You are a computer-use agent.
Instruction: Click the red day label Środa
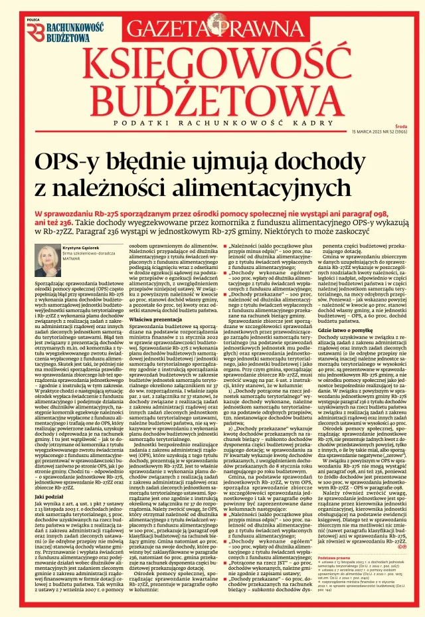click(x=400, y=126)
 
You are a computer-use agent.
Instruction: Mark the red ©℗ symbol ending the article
click(x=402, y=547)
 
